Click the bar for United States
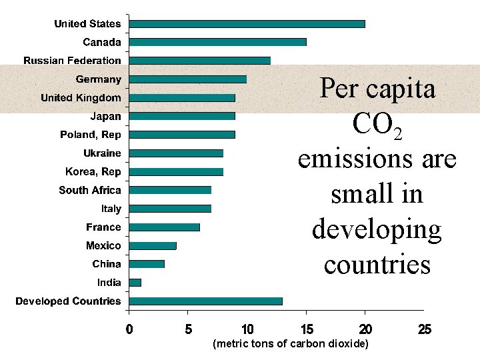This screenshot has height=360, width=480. (247, 24)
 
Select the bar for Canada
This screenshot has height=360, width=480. (217, 42)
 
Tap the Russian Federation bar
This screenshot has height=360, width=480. (199, 61)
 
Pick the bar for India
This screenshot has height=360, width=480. (135, 283)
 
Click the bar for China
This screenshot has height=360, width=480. (147, 264)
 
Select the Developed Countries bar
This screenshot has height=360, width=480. (205, 301)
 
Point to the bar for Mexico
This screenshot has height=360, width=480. (153, 245)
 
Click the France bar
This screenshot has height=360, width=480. (164, 227)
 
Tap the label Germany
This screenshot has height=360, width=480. (98, 79)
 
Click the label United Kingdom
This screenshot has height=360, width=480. (81, 98)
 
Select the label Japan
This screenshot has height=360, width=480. (105, 116)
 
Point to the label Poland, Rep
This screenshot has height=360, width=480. (91, 135)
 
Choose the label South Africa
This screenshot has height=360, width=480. (90, 190)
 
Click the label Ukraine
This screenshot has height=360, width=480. (102, 153)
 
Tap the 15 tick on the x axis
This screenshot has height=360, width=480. (306, 329)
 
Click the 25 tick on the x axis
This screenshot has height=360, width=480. (424, 329)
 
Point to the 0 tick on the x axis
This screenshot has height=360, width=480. (129, 329)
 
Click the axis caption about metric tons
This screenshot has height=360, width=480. (289, 344)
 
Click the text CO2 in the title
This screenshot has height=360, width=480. (377, 125)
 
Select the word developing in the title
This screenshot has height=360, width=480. (377, 229)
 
